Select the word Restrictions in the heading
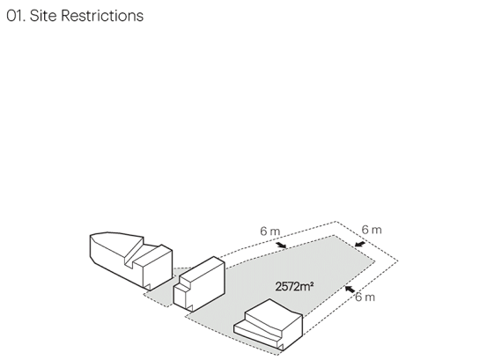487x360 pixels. tap(102, 16)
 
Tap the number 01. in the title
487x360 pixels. tap(16, 16)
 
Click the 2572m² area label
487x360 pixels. tap(294, 286)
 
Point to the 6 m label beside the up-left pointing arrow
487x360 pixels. tap(365, 297)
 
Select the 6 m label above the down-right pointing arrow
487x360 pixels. tap(269, 231)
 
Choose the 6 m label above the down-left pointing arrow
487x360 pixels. tap(372, 230)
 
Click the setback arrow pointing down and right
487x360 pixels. tap(281, 246)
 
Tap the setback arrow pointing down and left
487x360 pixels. tap(360, 244)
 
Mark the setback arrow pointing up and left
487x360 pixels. tap(350, 290)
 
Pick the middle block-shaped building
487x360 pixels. tap(199, 283)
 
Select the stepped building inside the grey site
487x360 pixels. tap(268, 325)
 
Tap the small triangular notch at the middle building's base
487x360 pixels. tap(189, 308)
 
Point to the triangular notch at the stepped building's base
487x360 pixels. tap(280, 347)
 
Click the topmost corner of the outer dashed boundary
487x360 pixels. tap(336, 222)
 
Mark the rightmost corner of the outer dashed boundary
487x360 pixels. tap(398, 261)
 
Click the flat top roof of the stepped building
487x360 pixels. tap(273, 314)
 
